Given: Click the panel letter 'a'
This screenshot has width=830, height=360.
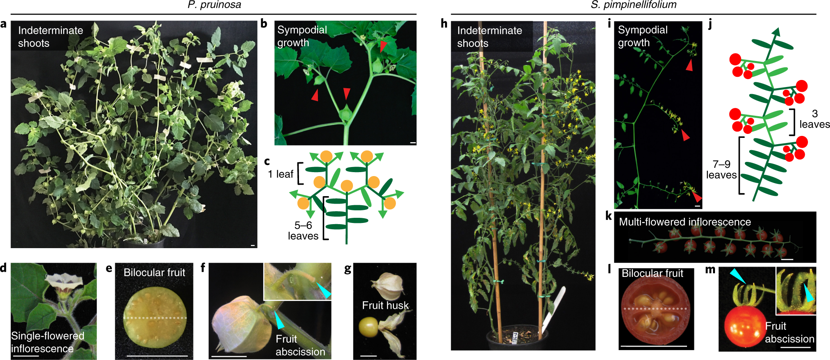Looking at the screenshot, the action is pos(4,24).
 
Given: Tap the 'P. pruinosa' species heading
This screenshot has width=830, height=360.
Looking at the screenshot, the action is pos(214,5).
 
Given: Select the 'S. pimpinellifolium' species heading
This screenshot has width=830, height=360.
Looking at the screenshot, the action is pos(633,5).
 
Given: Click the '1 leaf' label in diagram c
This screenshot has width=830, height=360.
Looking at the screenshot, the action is pos(280,174).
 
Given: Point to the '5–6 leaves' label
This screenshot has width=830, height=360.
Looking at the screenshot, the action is pos(303,230).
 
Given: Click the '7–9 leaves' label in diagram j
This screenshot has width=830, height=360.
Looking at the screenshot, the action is pos(721,169).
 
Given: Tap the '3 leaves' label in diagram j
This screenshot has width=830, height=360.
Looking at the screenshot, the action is pos(814,119).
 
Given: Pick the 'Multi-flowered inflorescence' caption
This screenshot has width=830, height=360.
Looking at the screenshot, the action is pos(685,222).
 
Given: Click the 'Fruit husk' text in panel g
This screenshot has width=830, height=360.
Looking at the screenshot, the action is pos(385,305).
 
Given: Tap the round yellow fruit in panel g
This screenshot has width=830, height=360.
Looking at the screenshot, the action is pos(368,327).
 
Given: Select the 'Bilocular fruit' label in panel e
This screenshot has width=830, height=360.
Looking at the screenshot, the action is pos(154,273).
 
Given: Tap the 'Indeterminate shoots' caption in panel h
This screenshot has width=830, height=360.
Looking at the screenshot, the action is pos(489,37).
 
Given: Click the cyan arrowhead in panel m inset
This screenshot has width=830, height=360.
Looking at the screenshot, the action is pos(808,293).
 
